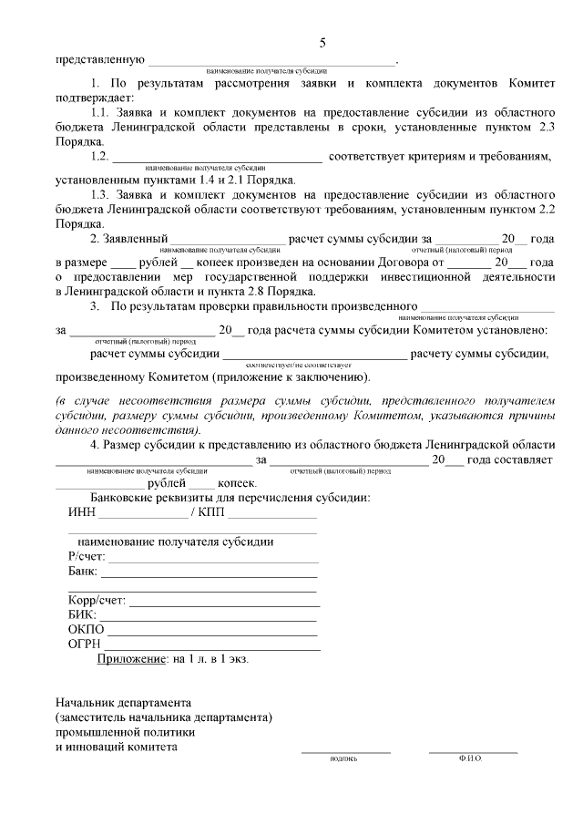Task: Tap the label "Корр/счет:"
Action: coord(97,601)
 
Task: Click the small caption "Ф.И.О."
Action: coord(471,758)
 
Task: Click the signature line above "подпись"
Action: coord(346,750)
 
